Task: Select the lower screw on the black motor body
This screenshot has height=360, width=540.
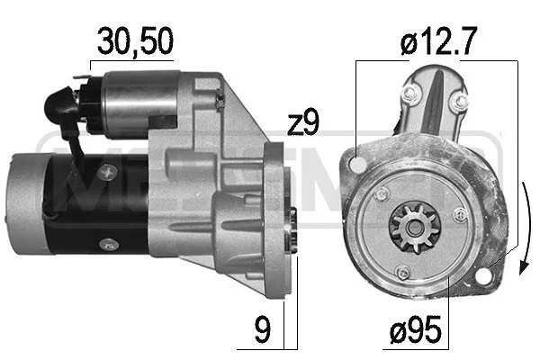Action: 107,242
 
